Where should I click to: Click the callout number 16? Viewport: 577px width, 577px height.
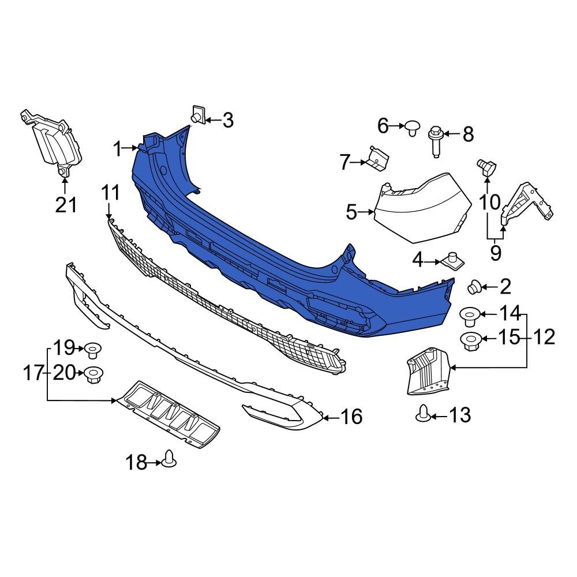[x=351, y=416]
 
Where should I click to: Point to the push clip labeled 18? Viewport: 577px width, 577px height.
[x=170, y=459]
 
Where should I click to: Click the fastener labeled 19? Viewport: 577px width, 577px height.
[x=92, y=350]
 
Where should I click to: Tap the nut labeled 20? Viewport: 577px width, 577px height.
[x=93, y=375]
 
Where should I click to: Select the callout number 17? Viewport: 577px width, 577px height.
[x=33, y=373]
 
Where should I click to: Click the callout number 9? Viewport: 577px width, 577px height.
[x=495, y=252]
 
